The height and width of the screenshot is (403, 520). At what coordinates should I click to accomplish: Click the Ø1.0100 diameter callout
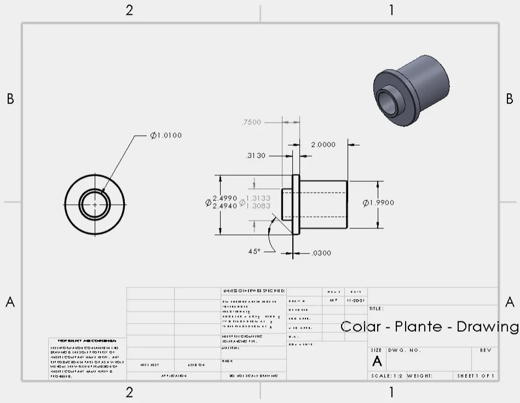pos(166,135)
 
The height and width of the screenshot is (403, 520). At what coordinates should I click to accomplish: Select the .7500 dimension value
pos(251,122)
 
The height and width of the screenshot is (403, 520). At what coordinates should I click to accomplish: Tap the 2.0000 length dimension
pos(323,145)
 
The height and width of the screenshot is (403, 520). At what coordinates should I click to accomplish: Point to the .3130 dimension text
pos(256,156)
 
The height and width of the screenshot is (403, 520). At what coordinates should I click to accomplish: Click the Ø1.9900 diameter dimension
pos(378,203)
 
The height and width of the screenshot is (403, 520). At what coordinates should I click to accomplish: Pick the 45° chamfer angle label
pos(255,251)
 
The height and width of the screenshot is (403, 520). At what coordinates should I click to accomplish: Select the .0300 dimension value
pos(321,253)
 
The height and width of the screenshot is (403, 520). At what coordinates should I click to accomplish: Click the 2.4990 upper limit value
pos(224,198)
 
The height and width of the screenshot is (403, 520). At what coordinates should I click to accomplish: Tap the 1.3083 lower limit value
pos(258,206)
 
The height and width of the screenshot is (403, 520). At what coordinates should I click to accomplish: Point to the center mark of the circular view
pos(95,204)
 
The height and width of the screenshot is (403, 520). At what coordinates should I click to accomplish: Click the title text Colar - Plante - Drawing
pos(430,327)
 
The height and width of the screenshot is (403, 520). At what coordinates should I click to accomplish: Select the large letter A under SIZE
pos(377,361)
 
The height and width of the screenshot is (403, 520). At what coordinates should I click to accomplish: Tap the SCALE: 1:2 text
pos(388,376)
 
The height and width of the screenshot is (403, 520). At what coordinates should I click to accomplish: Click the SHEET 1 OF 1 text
pos(476,376)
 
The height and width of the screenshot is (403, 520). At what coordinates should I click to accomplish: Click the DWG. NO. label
pos(404,350)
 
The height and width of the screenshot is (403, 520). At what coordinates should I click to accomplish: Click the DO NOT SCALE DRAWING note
pos(253,376)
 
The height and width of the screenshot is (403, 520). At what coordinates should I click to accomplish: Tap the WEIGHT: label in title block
pos(420,376)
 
